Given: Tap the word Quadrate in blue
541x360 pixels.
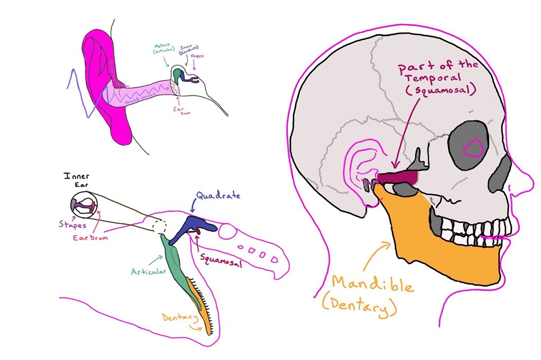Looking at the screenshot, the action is (x=217, y=197).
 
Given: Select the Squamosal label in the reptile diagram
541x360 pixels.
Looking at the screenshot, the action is (x=221, y=259).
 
